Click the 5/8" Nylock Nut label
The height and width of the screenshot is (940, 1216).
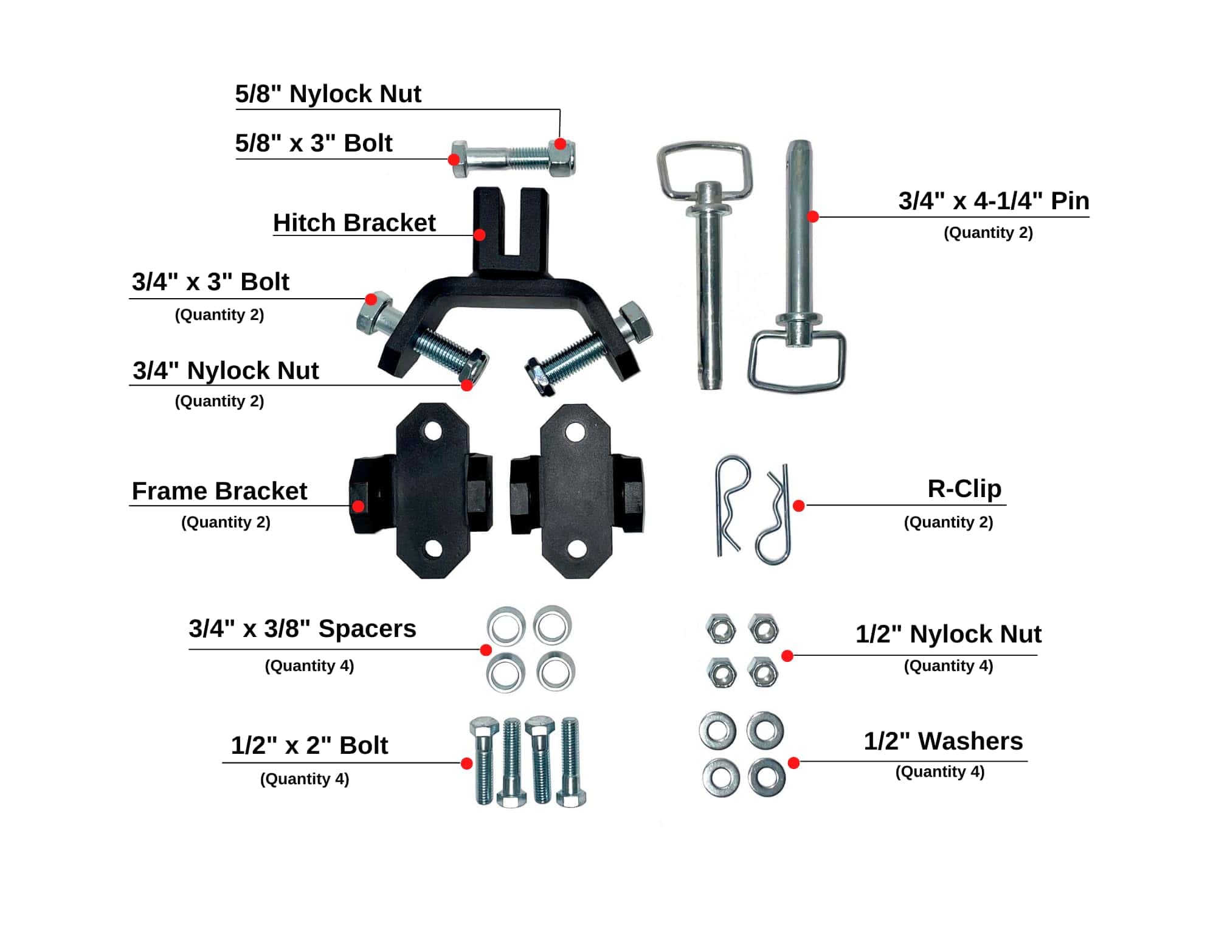pos(328,94)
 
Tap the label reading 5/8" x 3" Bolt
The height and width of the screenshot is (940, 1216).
pos(313,144)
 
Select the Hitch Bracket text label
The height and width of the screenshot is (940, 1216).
pos(354,223)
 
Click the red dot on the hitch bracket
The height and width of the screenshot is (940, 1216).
pos(480,235)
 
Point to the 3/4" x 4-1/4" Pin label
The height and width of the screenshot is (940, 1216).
pos(993,201)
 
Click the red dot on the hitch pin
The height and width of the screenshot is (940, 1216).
pos(813,216)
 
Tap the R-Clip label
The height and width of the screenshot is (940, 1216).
pos(964,489)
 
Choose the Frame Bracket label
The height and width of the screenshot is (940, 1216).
pos(219,492)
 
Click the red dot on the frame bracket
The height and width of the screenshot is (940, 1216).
pos(359,506)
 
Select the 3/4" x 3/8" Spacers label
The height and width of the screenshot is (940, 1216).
pos(302,629)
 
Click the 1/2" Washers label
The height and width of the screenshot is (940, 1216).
pos(943,742)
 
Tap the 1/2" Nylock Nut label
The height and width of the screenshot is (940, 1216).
pos(948,635)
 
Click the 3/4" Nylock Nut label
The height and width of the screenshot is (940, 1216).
pos(226,371)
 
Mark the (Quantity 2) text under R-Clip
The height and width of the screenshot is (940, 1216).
pos(948,523)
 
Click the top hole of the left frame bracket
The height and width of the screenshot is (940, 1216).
pos(433,432)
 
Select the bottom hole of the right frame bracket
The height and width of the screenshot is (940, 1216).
pos(576,549)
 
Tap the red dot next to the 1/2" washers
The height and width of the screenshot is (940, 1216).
pos(793,763)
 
